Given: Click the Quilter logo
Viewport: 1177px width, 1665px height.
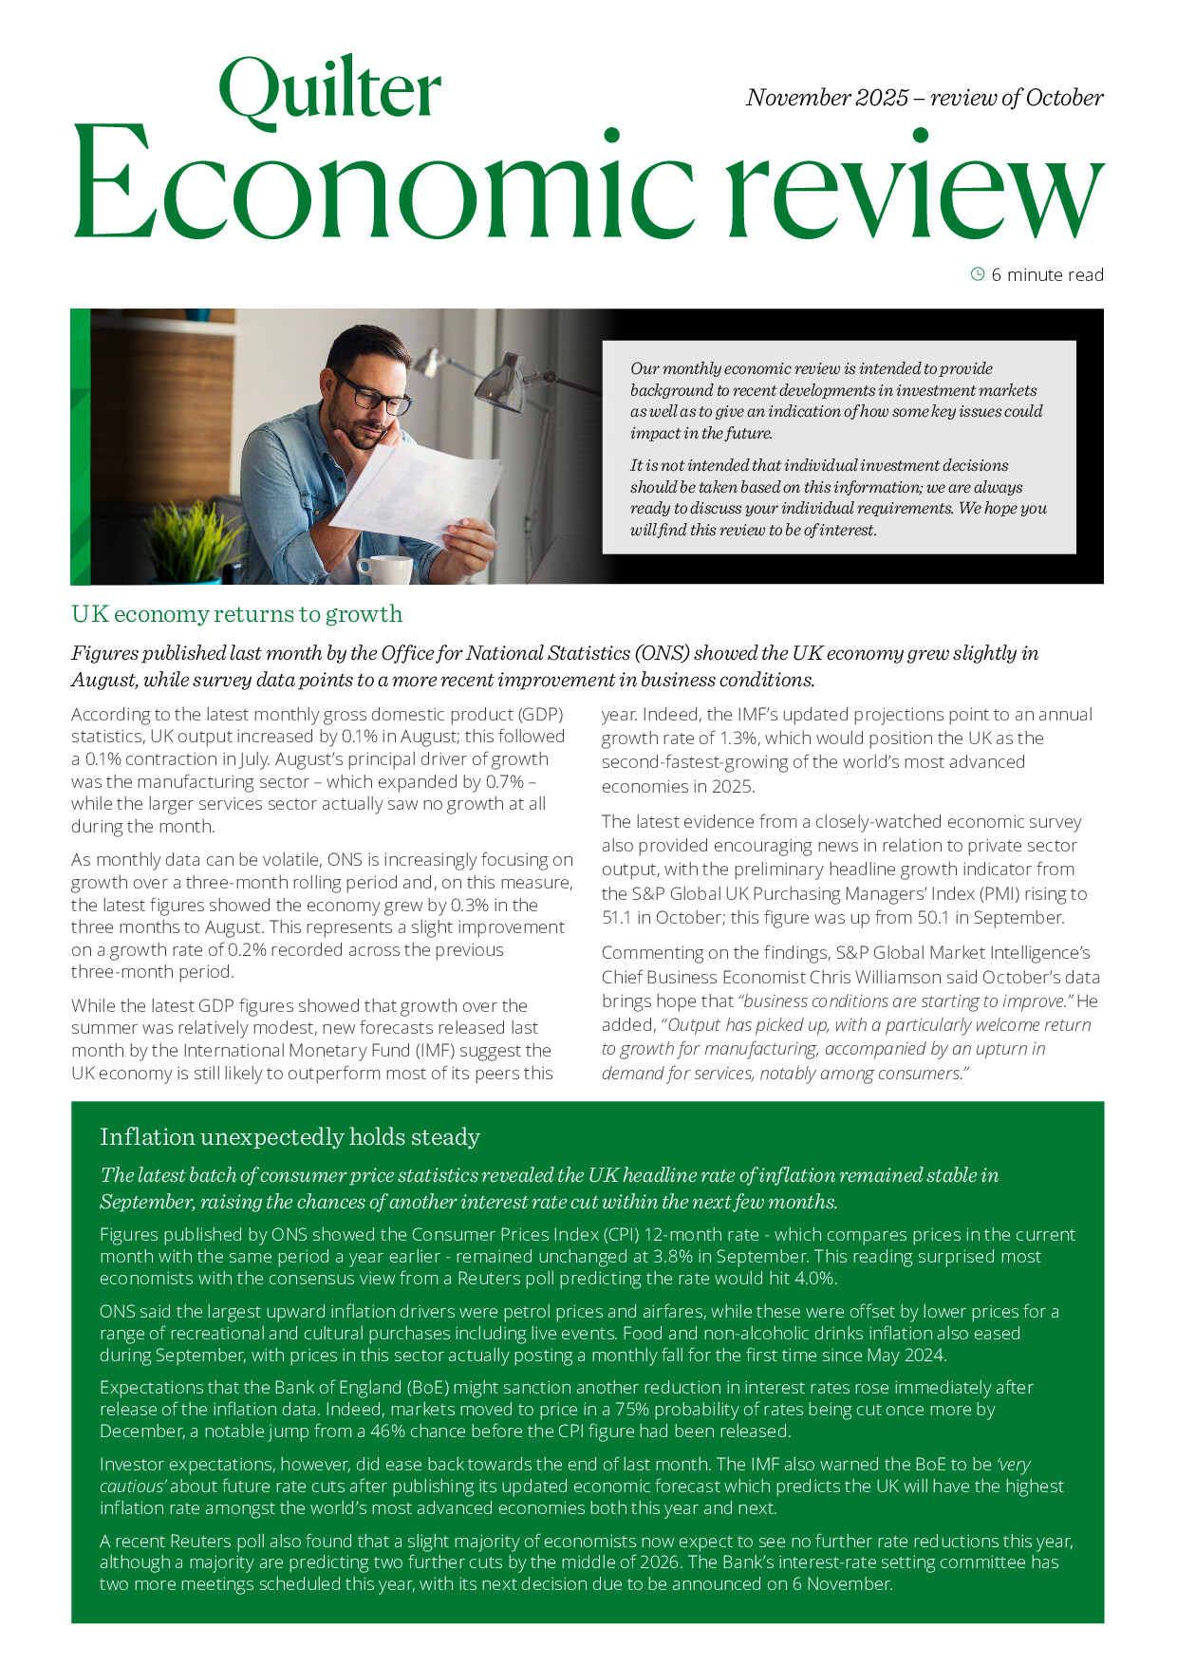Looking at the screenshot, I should (329, 90).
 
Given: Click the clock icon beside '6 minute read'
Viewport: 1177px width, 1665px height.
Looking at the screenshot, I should (978, 274).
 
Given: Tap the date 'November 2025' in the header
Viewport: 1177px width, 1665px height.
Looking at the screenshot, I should (827, 98).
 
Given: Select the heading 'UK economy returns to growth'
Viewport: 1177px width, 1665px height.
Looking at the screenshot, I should (237, 614).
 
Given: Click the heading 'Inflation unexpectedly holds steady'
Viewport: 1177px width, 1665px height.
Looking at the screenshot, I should (290, 1136).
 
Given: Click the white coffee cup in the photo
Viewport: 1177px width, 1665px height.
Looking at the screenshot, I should (385, 569).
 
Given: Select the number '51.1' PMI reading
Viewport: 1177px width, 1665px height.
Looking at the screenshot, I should (623, 917).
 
